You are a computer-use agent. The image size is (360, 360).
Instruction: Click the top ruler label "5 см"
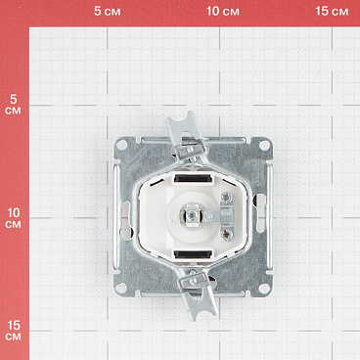(108, 11)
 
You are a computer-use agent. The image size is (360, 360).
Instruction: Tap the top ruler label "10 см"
(223, 11)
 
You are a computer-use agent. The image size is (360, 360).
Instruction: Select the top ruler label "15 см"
(332, 11)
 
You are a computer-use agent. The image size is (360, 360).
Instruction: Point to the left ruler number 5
(13, 99)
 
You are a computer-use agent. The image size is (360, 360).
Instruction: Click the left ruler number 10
(14, 213)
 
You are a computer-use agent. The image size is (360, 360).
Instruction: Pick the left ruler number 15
(14, 326)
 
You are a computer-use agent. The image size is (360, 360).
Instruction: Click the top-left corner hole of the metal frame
(121, 145)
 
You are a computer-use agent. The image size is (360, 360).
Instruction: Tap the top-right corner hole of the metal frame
(264, 146)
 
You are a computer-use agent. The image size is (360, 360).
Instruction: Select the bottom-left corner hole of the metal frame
(121, 288)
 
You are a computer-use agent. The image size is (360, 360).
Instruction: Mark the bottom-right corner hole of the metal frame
(264, 288)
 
